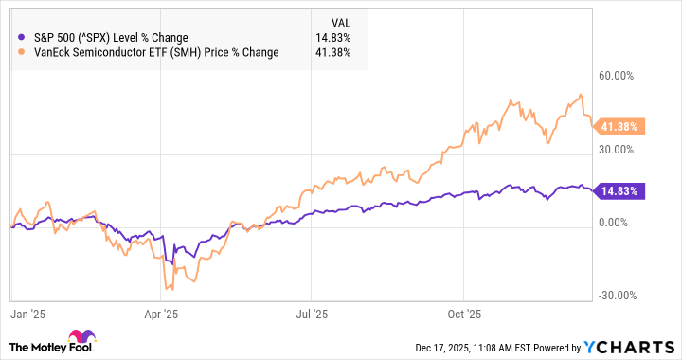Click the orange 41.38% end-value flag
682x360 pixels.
619,126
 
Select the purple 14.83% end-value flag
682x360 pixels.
619,191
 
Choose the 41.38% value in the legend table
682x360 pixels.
335,52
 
